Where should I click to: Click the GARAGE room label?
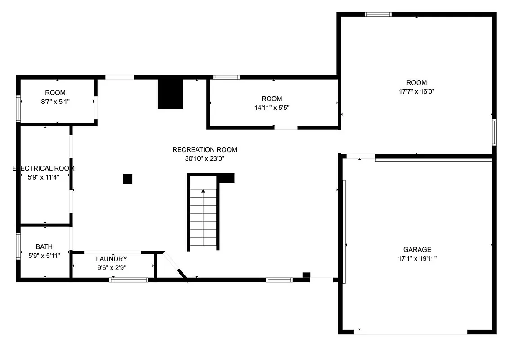[x=417, y=249]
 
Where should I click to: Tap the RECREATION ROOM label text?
[x=205, y=150]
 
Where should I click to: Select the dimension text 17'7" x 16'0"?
[x=416, y=91]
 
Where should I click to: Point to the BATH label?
[x=44, y=247]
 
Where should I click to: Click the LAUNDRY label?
[x=112, y=259]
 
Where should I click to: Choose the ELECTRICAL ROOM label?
[x=44, y=168]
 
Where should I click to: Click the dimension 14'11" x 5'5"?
[x=272, y=107]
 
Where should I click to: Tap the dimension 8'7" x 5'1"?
[x=55, y=102]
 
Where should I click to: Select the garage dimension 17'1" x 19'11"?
[x=417, y=258]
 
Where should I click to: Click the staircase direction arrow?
[x=203, y=191]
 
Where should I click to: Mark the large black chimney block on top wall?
[x=170, y=94]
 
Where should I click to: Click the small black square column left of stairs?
[x=128, y=179]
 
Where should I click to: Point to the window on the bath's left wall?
[x=18, y=246]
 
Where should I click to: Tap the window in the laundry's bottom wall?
[x=129, y=280]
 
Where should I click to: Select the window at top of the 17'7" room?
[x=378, y=14]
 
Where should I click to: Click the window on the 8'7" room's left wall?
[x=18, y=109]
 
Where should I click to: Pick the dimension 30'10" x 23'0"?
[x=205, y=158]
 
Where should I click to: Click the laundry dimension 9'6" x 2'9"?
[x=112, y=267]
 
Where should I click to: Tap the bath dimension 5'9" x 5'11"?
[x=44, y=256]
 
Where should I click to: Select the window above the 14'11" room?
[x=226, y=77]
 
